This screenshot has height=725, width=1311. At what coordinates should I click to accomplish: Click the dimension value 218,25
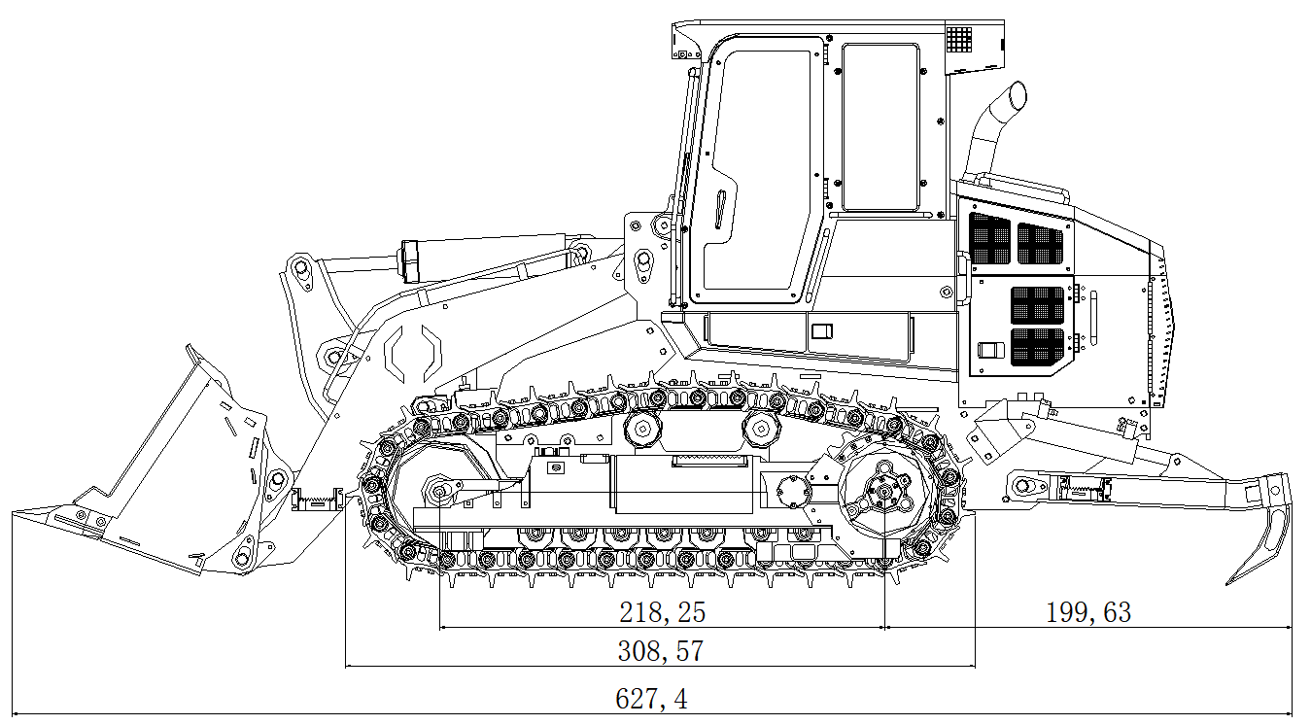click(x=662, y=612)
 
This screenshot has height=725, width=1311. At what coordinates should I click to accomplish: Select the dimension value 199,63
click(x=1087, y=612)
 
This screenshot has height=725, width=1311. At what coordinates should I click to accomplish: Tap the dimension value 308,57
click(x=660, y=651)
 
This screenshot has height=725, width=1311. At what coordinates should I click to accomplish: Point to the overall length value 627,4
click(x=651, y=699)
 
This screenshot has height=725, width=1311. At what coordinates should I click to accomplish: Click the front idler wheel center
click(x=439, y=492)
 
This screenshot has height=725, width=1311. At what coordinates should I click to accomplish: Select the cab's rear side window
click(x=880, y=126)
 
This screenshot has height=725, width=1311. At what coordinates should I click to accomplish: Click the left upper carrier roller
click(x=641, y=427)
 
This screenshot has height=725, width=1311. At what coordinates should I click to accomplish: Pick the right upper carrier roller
click(x=759, y=427)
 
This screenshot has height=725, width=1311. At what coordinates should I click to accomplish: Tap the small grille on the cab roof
click(x=959, y=39)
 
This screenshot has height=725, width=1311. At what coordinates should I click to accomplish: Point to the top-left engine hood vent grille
click(x=989, y=240)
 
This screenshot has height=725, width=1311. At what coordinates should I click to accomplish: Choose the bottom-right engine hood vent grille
click(x=1038, y=347)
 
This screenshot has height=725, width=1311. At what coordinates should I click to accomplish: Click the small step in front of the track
click(x=317, y=500)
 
